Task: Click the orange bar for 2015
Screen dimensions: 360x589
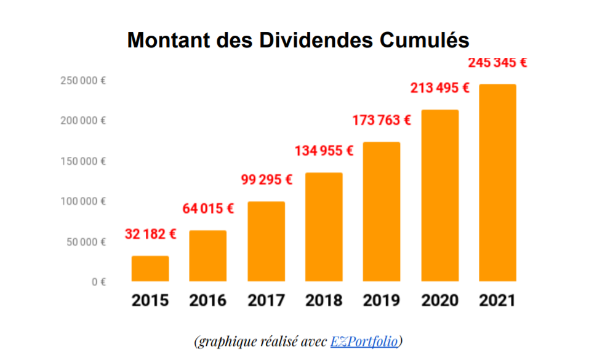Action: tap(150, 268)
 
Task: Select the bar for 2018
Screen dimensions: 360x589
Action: tap(324, 226)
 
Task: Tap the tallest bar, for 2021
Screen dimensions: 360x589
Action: tap(497, 182)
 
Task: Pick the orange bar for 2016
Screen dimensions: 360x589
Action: tap(207, 255)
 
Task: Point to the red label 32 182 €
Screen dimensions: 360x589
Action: tap(151, 234)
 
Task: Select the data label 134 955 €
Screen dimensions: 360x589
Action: tap(324, 151)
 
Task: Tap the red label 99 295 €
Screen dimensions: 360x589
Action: tap(266, 180)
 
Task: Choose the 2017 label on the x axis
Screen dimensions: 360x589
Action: tap(266, 300)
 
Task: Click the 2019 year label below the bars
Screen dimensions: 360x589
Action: tap(382, 300)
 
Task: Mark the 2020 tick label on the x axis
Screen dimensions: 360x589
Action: tap(439, 300)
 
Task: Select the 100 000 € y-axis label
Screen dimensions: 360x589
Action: tap(83, 201)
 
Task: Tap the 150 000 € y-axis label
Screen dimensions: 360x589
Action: tap(83, 161)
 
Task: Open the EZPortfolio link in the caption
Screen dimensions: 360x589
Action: tap(364, 341)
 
